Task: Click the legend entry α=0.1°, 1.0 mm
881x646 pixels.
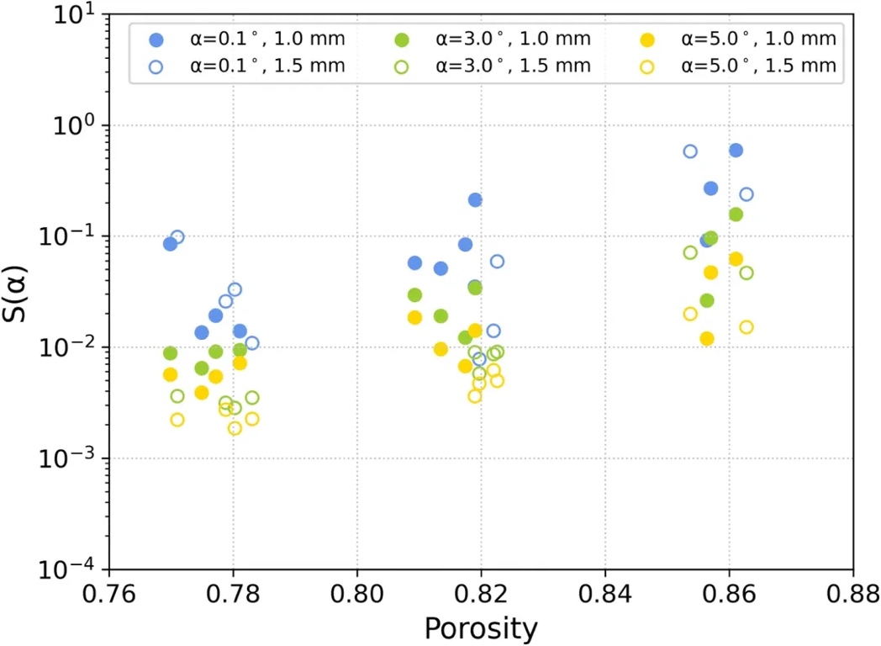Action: [245, 39]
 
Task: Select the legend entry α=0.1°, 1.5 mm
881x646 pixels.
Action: [245, 66]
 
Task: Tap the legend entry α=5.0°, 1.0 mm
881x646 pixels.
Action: [736, 39]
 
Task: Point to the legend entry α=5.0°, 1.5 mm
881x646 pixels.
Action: [736, 66]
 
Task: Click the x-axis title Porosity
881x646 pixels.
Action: [480, 627]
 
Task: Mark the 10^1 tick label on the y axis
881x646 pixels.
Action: [76, 16]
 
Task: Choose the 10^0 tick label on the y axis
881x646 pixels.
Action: [76, 126]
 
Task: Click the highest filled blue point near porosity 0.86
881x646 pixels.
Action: [736, 150]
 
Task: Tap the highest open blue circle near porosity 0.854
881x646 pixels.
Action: [690, 151]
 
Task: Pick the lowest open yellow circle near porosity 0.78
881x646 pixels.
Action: [235, 428]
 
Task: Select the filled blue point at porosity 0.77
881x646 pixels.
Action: [170, 244]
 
